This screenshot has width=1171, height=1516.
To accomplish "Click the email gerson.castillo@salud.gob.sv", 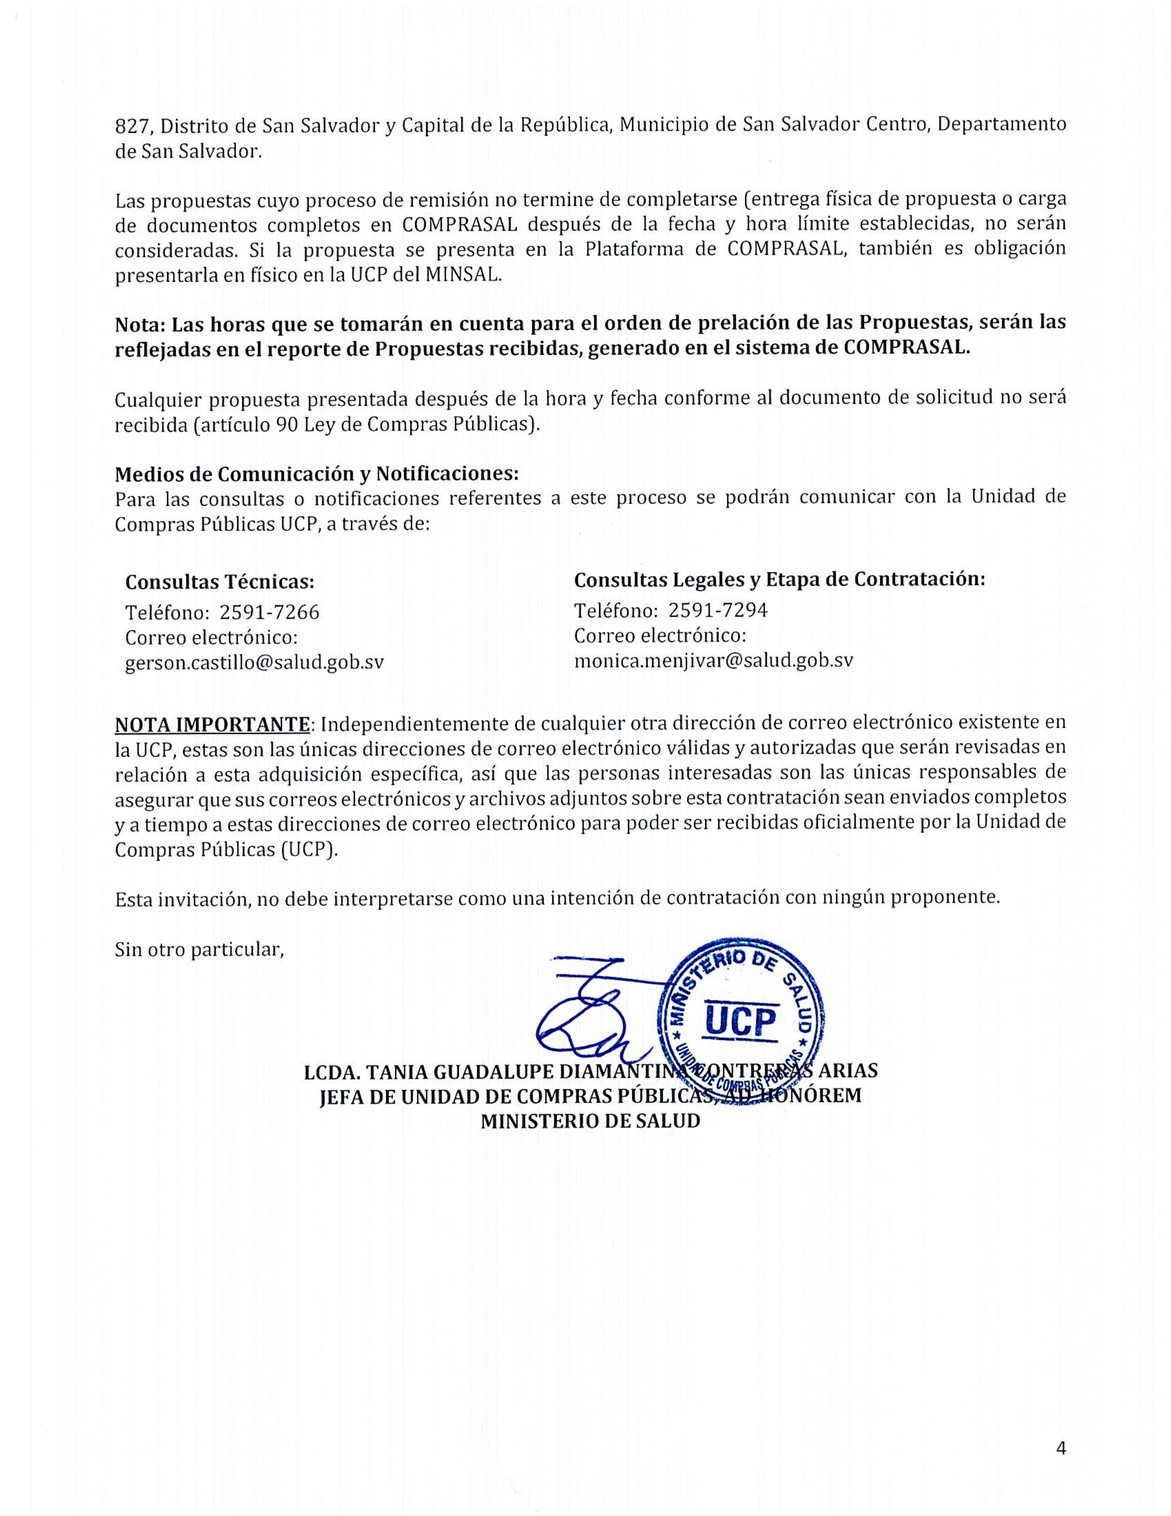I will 254,662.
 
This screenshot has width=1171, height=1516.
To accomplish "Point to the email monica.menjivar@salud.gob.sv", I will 713,660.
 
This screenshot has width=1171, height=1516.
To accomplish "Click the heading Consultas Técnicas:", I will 219,581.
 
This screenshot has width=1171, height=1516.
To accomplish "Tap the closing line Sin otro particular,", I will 200,950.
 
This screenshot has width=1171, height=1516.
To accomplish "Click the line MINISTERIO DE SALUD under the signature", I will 591,1121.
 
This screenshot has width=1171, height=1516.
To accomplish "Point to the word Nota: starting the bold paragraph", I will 140,324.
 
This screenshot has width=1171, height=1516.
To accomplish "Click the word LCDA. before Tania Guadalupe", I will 332,1071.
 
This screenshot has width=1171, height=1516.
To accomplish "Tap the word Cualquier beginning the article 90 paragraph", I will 158,399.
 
